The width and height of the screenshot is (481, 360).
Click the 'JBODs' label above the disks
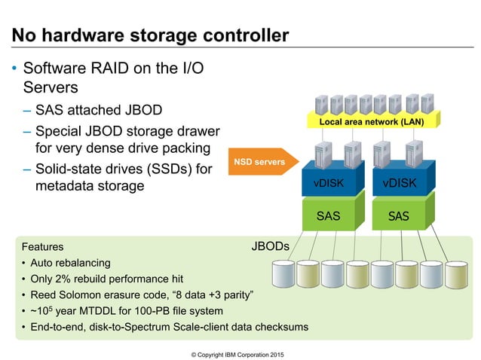pos(269,246)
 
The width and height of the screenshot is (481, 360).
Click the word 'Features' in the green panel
pos(42,246)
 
